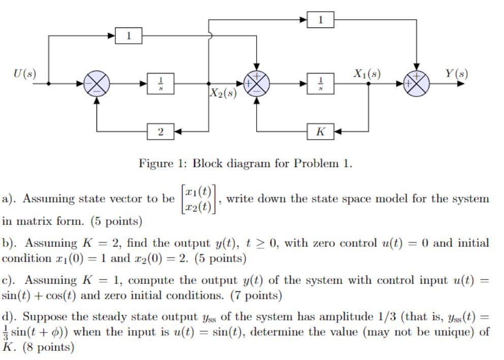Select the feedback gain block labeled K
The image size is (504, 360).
pyautogui.click(x=321, y=132)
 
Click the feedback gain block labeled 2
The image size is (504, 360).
pyautogui.click(x=161, y=132)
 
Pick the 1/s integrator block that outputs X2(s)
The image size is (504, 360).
pyautogui.click(x=161, y=84)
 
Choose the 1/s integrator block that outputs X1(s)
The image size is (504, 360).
pyautogui.click(x=321, y=84)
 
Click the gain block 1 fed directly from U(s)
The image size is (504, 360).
pyautogui.click(x=129, y=36)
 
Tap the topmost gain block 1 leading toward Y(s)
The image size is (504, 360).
pyautogui.click(x=321, y=20)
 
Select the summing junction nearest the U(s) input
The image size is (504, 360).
pyautogui.click(x=97, y=84)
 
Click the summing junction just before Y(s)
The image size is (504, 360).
pyautogui.click(x=417, y=84)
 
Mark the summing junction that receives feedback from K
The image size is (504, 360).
pyautogui.click(x=257, y=84)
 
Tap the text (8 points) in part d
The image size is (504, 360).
pyautogui.click(x=49, y=347)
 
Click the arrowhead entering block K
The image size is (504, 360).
pyautogui.click(x=337, y=132)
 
